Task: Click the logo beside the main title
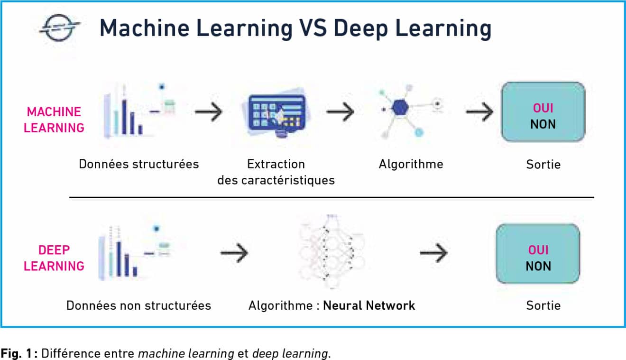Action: tap(60, 28)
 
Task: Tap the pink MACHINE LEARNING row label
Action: tap(54, 120)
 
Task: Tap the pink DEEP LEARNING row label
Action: tap(54, 258)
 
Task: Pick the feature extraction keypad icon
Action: tap(277, 115)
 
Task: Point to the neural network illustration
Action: tap(332, 251)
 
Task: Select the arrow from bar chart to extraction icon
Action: tap(208, 112)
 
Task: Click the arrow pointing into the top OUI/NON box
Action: tap(479, 112)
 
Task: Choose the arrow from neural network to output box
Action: tap(433, 253)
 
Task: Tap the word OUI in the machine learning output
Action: tap(543, 108)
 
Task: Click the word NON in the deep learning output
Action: tap(538, 266)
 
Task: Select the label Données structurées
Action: tap(138, 164)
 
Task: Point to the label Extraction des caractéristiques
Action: tap(276, 172)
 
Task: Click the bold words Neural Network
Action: tap(369, 305)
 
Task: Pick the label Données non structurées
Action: tap(138, 305)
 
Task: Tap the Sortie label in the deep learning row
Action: tap(543, 305)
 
